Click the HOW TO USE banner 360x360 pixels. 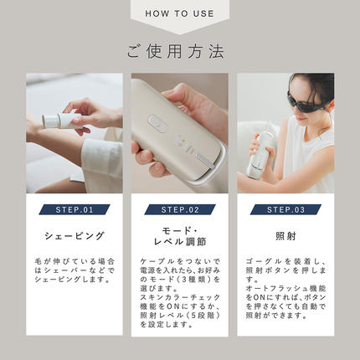pos(179,14)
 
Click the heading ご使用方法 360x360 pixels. pos(179,51)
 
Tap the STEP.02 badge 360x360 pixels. pos(179,209)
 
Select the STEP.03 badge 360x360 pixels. pos(285,209)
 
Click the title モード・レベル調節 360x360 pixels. pos(179,236)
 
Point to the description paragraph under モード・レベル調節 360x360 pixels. pos(179,296)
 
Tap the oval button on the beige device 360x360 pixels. pos(155,121)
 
